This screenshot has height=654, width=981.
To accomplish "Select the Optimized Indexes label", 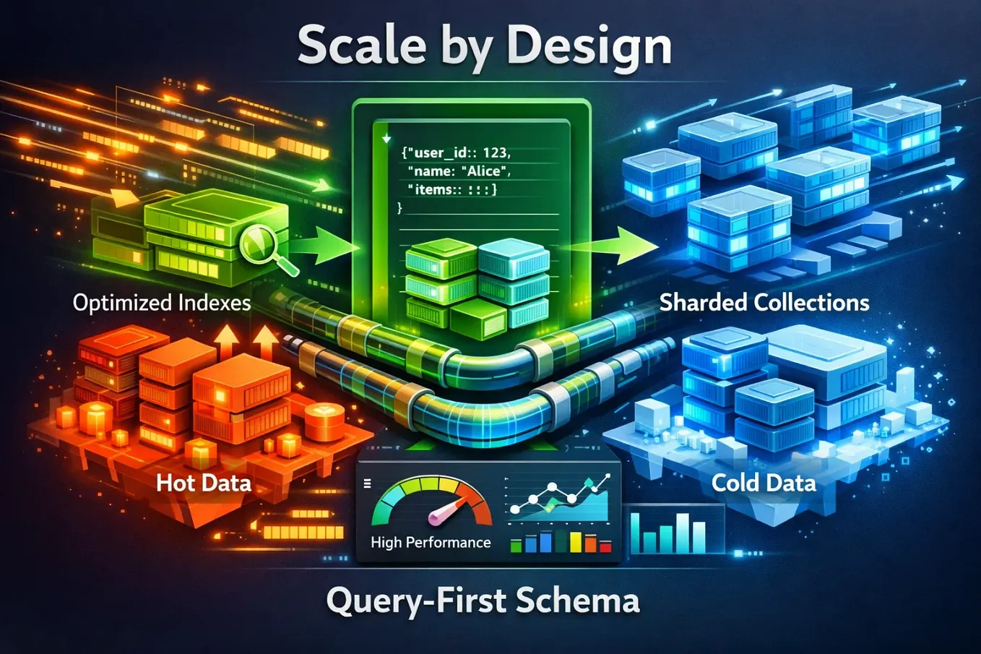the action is click(162, 303).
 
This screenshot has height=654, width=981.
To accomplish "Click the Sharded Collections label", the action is click(764, 303).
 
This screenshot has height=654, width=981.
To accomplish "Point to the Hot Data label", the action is click(204, 483).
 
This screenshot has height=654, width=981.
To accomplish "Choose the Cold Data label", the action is click(764, 483).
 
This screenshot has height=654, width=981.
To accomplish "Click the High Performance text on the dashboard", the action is click(431, 543).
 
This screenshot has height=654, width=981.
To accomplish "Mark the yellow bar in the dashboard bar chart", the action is click(576, 542).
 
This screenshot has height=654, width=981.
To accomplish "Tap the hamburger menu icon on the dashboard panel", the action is click(368, 483).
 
